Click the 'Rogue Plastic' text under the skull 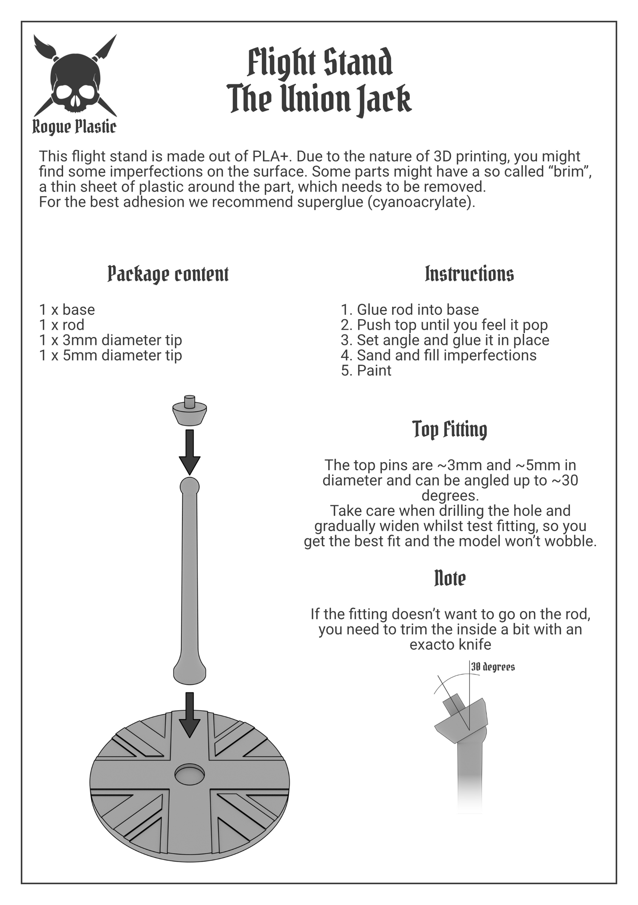tap(74, 127)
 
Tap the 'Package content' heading tap(168, 274)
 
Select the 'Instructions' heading tap(469, 274)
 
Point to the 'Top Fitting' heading tap(450, 430)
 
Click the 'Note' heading tap(450, 578)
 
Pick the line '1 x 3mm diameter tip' tap(110, 340)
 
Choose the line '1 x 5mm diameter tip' tap(110, 355)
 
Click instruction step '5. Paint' tap(366, 370)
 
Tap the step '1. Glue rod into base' tap(410, 309)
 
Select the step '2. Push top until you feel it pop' tap(444, 325)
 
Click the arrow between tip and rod tap(190, 452)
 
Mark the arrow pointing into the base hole tap(190, 715)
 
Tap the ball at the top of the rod tap(190, 486)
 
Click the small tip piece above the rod tap(190, 410)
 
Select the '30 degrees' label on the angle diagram tap(493, 667)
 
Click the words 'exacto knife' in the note tap(450, 645)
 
